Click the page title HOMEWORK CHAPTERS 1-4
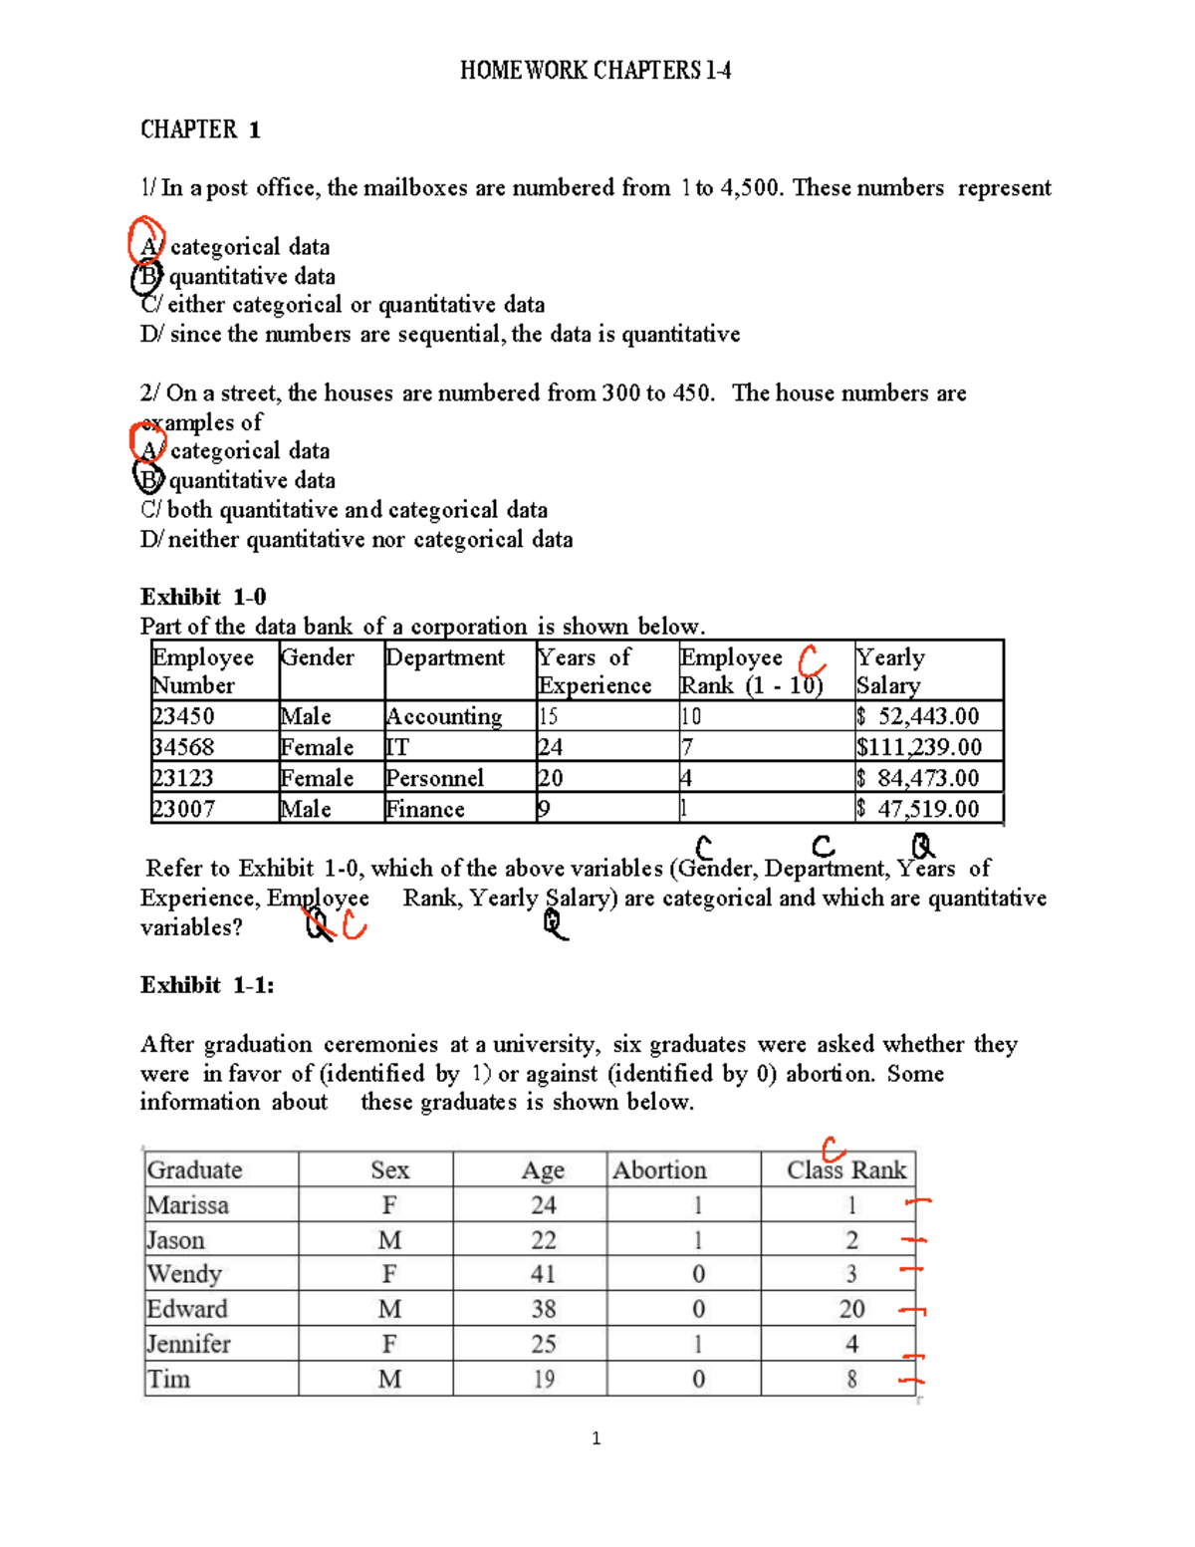point(596,71)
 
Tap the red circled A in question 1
point(147,242)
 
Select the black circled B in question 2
point(147,480)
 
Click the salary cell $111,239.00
point(918,747)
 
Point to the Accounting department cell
point(444,716)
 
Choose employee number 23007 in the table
point(183,809)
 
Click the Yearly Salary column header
point(890,671)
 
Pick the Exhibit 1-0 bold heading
point(203,597)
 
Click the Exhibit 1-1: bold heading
point(207,985)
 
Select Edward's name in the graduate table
point(187,1309)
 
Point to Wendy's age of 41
point(543,1274)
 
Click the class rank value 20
point(851,1309)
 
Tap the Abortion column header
point(659,1169)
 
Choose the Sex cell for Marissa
point(389,1205)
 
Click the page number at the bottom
point(596,1437)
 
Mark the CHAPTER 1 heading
point(200,129)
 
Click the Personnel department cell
point(434,778)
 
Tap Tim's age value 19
point(543,1379)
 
